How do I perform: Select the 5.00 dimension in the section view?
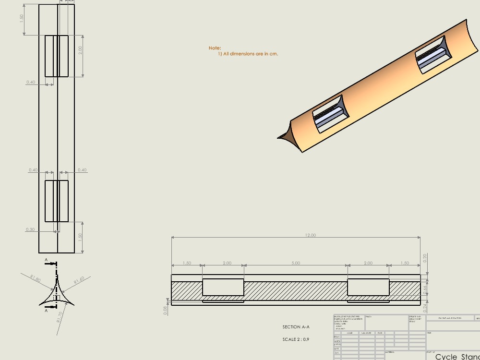pos(296,263)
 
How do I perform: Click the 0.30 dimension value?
pos(30,229)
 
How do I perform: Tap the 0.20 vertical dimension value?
pos(425,258)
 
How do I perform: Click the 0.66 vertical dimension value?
pos(425,290)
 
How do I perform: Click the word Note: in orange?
pos(215,48)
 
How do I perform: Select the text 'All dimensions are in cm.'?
pos(251,54)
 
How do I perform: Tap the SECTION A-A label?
pos(296,327)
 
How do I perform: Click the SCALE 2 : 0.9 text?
pos(296,339)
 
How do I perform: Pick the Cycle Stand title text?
pos(457,357)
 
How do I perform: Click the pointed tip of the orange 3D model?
pos(279,138)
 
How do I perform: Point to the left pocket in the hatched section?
pos(223,287)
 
